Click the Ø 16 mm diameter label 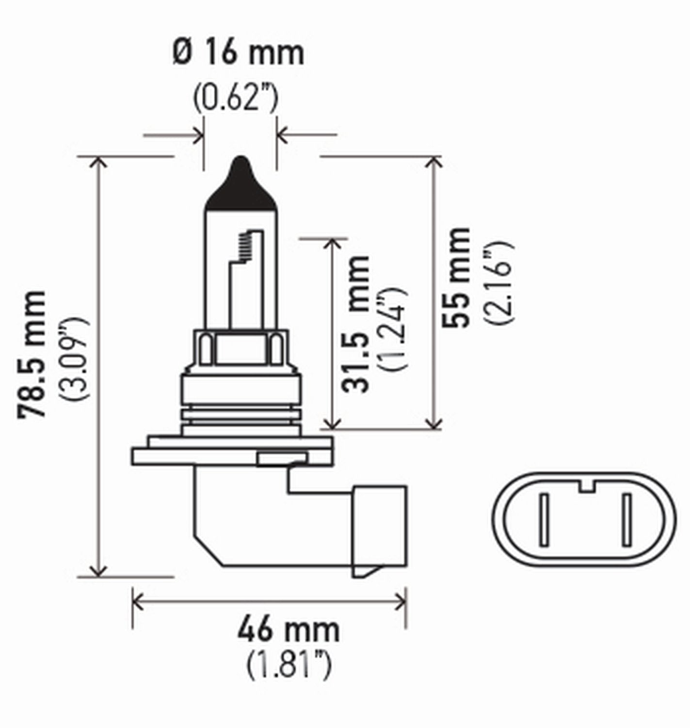click(x=238, y=53)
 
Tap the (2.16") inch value click(x=498, y=281)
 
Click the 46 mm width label click(x=289, y=629)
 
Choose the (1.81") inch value click(x=289, y=665)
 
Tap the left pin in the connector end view click(x=544, y=519)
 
